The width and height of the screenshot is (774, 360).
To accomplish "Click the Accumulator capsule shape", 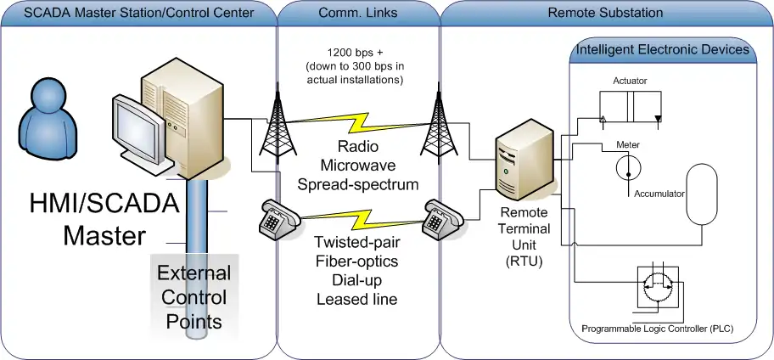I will tap(702, 194).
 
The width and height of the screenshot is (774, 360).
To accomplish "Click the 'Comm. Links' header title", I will tap(358, 14).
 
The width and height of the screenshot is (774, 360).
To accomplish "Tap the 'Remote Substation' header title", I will tap(606, 14).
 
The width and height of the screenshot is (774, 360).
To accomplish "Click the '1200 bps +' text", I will tap(356, 52).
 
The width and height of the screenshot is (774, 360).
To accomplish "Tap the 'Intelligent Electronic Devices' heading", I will tap(662, 50).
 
